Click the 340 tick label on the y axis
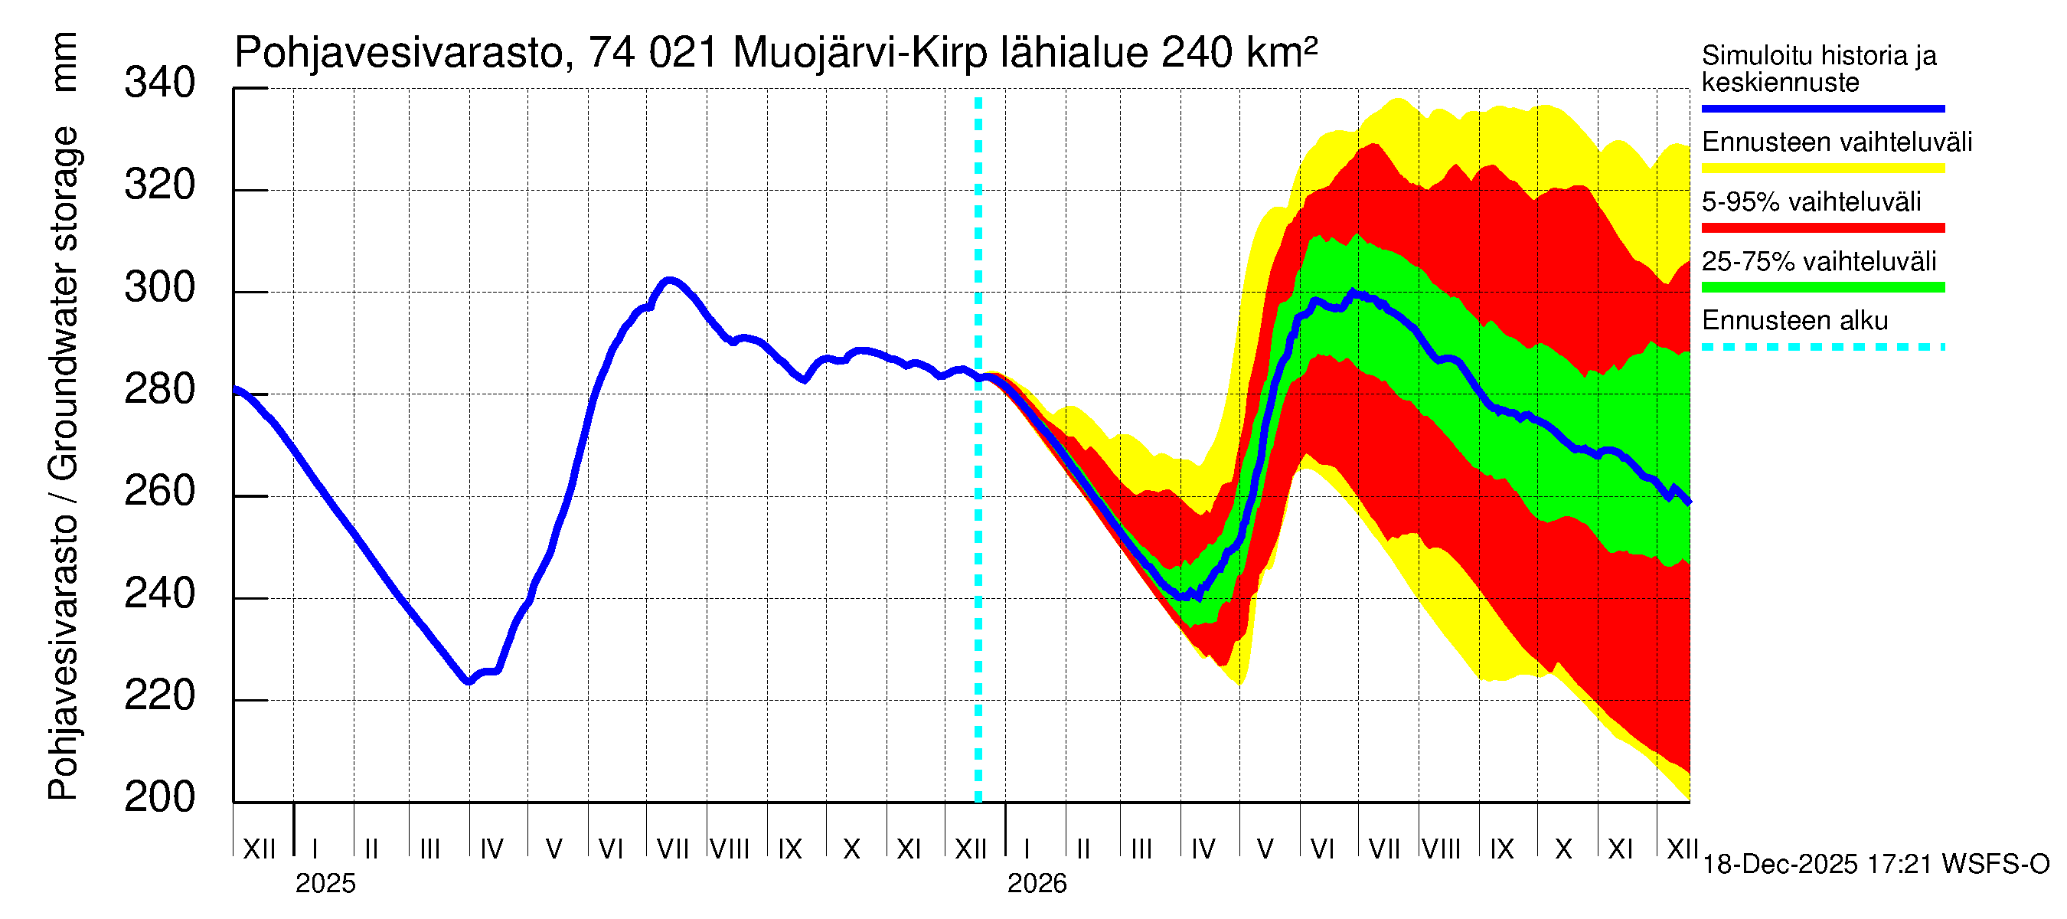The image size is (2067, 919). tap(159, 83)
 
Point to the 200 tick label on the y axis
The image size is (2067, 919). tap(159, 797)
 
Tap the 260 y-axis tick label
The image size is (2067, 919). tap(159, 491)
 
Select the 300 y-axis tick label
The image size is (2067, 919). tap(159, 287)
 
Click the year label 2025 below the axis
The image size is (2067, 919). tap(325, 884)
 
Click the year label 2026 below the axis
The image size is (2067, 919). tap(1037, 884)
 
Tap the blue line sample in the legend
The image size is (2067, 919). tap(1822, 108)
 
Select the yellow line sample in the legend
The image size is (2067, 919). tap(1822, 168)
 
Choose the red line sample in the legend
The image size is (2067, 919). tap(1822, 228)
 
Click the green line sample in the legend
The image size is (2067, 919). tap(1822, 287)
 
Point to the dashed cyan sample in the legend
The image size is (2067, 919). tap(1822, 348)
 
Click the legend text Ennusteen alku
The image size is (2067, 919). tap(1794, 321)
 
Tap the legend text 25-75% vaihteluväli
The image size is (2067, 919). tap(1818, 262)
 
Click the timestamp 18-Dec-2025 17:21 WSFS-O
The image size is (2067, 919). tap(1875, 865)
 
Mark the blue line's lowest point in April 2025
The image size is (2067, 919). tap(469, 682)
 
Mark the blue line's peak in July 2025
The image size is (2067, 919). tap(669, 280)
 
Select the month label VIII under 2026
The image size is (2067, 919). tap(1441, 849)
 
